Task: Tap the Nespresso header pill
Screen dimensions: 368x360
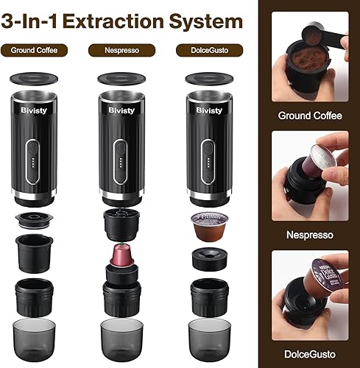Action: click(117, 51)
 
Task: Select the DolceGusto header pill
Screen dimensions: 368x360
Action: click(202, 51)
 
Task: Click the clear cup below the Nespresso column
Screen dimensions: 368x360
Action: click(120, 337)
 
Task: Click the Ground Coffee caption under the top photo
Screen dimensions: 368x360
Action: click(309, 116)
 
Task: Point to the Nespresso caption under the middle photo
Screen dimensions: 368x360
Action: click(309, 236)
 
